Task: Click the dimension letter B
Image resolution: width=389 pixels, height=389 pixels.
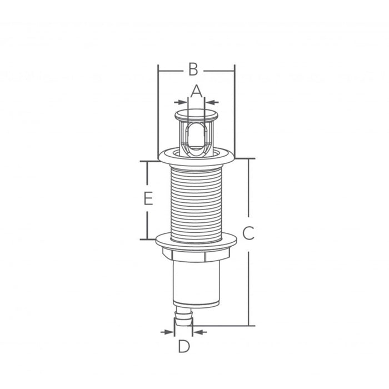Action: pos(193,69)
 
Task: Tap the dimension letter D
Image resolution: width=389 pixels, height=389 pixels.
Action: pos(184,347)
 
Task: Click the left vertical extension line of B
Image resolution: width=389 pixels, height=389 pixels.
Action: pos(158,111)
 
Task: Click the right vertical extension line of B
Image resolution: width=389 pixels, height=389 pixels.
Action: pos(234,111)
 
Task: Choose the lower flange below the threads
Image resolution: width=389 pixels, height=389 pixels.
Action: pos(196,241)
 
